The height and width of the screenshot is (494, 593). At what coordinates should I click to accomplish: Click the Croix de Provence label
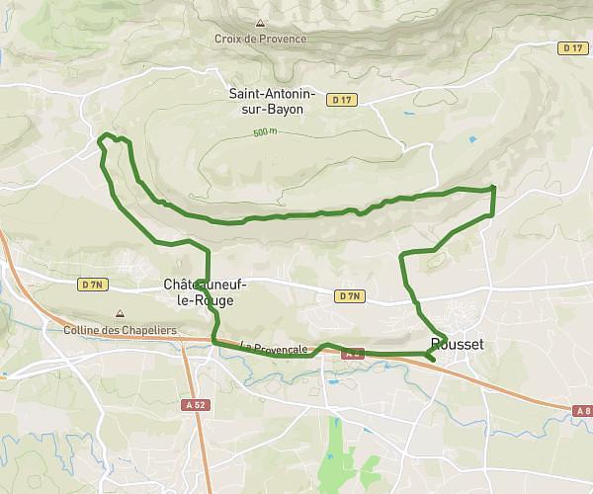click(x=261, y=40)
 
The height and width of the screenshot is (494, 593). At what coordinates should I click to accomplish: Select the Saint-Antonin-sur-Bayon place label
click(x=272, y=103)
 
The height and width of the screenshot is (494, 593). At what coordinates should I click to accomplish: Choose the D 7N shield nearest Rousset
click(x=349, y=295)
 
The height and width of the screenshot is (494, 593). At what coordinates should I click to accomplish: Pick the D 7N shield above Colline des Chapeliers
click(x=93, y=285)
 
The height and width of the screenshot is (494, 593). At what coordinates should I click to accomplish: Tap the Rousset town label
click(x=458, y=344)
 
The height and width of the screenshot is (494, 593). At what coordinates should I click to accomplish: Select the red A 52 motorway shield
click(x=194, y=404)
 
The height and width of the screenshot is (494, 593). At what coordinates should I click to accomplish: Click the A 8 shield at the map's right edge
click(x=581, y=410)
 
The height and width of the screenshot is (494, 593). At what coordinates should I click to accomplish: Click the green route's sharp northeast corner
click(x=493, y=187)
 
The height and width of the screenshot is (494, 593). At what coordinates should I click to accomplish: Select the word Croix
click(x=228, y=40)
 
